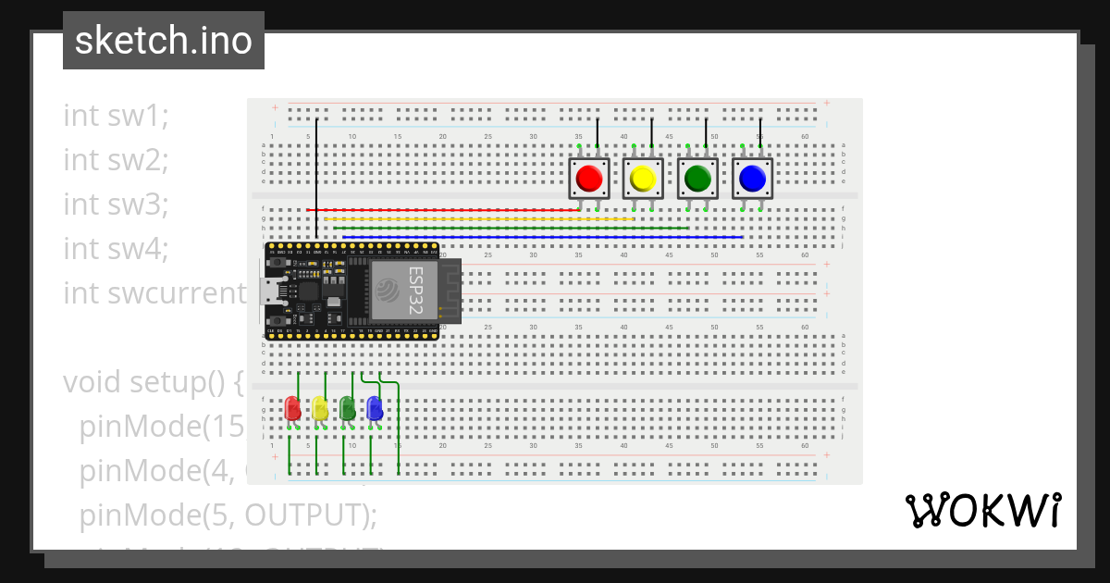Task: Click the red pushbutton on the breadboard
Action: (588, 177)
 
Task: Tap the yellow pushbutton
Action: (643, 177)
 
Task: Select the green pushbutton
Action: (697, 177)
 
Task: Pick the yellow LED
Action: (319, 408)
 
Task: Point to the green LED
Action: (347, 408)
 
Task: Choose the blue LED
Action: (374, 408)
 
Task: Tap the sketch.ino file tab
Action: (164, 41)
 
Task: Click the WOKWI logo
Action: (982, 511)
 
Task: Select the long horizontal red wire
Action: (444, 210)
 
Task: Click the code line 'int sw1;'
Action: (117, 116)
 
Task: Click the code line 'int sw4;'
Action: (117, 249)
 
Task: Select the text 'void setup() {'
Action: (153, 381)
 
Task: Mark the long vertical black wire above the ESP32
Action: (316, 176)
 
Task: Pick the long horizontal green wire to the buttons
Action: (509, 228)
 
